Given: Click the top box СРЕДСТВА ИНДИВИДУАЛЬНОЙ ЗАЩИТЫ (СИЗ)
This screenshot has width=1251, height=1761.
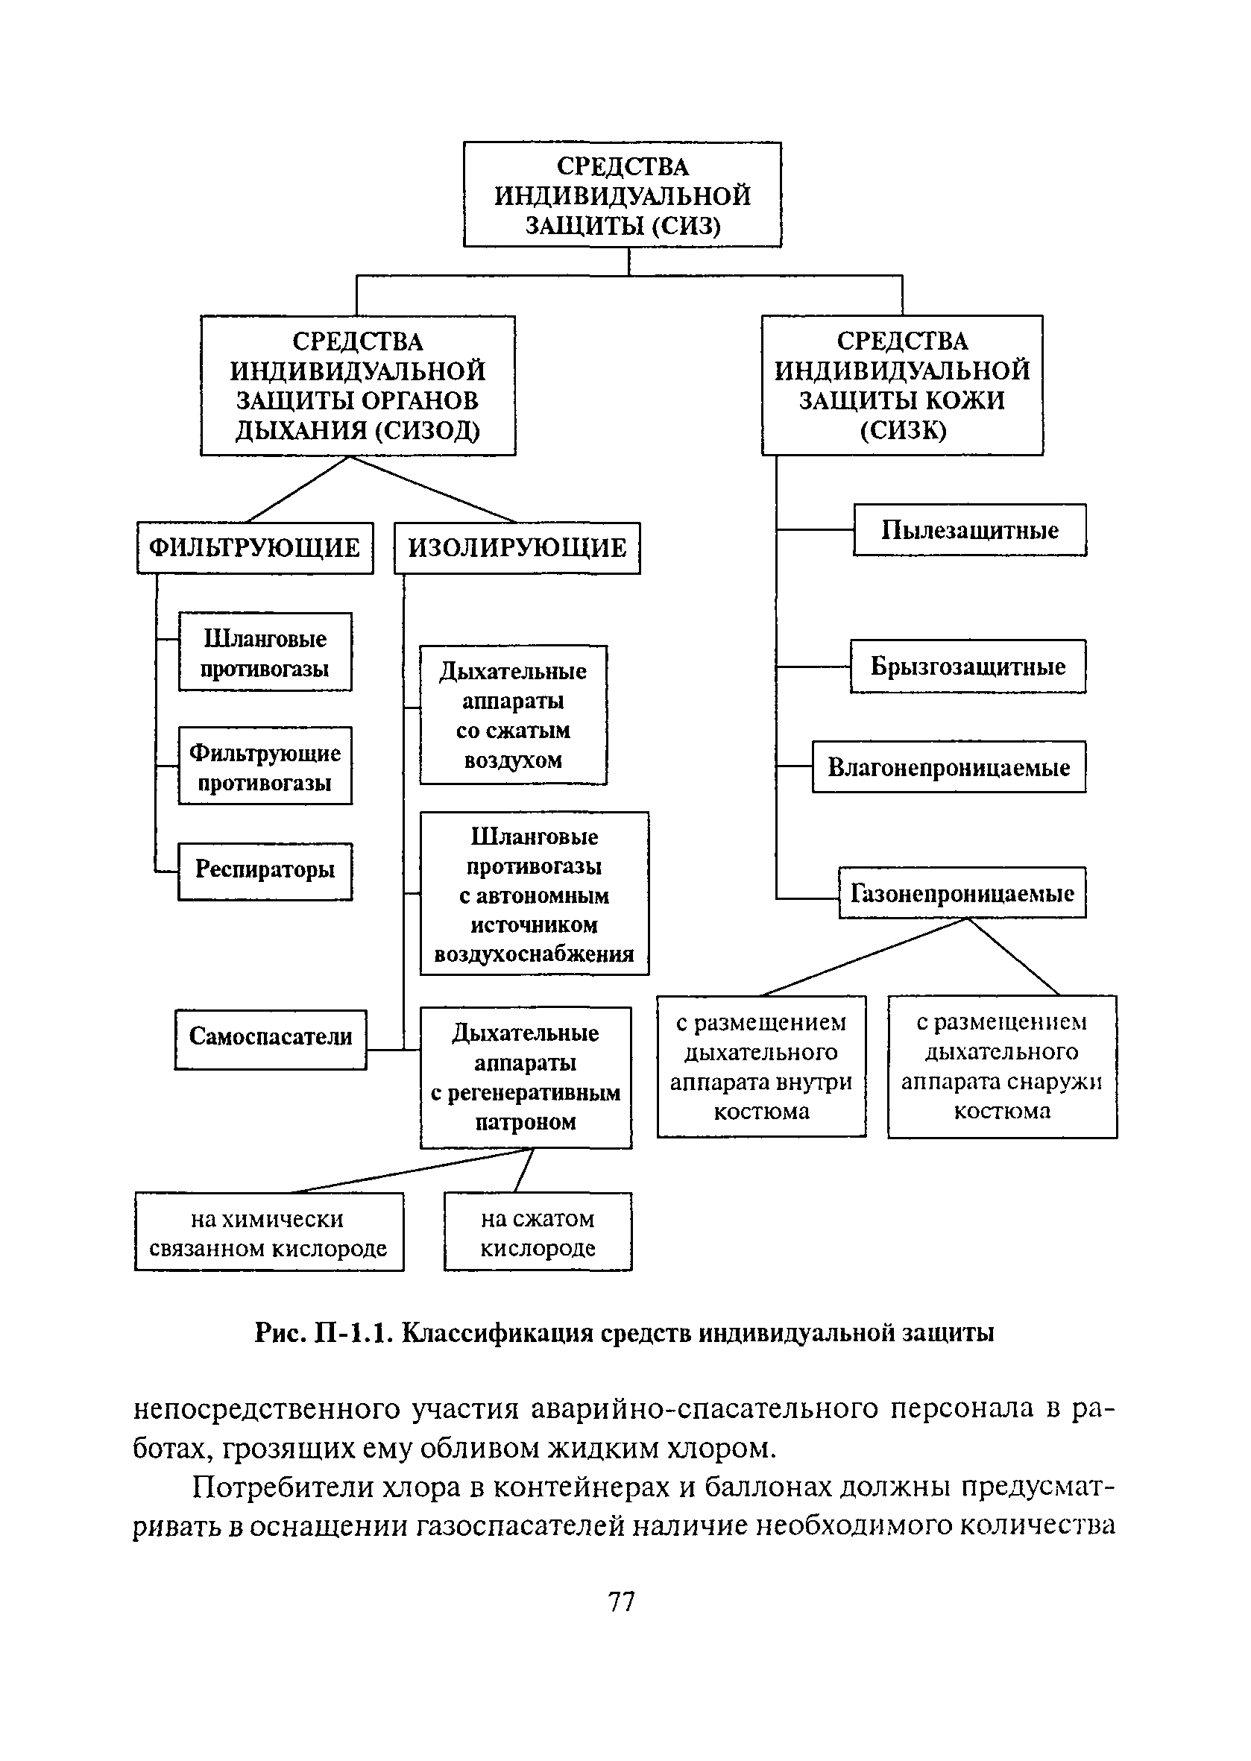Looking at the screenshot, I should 623,195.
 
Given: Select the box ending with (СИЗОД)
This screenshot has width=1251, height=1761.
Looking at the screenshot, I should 358,385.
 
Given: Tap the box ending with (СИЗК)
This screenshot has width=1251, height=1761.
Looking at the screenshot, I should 902,385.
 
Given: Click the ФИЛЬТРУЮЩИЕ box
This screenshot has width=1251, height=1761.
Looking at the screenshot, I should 255,548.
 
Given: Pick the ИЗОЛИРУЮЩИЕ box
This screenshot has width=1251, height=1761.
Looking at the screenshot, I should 517,548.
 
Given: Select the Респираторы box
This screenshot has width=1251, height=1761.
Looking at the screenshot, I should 265,871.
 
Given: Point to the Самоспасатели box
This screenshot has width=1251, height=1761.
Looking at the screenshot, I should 271,1039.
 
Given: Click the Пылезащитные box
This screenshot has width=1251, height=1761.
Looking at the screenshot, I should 970,530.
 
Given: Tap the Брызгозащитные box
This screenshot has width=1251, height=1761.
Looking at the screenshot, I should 968,667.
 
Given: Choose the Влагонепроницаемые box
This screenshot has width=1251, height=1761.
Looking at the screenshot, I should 949,767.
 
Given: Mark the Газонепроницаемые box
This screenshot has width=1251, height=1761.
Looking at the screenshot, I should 962,893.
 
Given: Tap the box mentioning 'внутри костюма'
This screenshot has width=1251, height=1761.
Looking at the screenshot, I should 762,1067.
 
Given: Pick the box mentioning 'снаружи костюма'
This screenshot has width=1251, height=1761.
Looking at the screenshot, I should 1002,1067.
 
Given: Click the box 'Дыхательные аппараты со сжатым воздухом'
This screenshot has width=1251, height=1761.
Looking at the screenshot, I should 513,715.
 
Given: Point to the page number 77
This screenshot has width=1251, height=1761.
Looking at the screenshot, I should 622,1601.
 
